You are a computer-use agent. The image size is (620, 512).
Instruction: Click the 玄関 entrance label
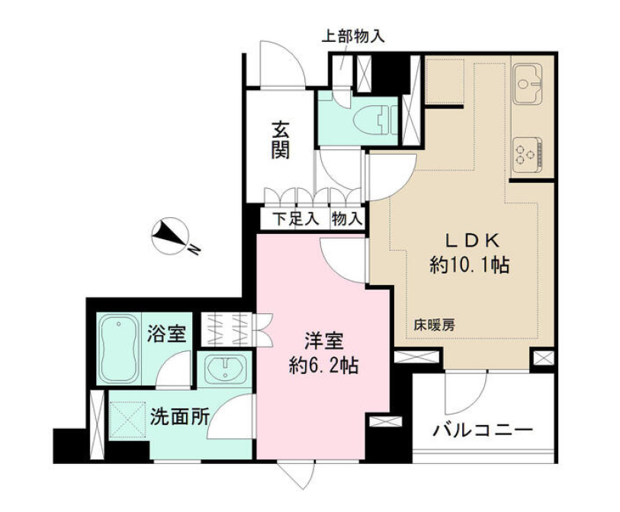coord(280,140)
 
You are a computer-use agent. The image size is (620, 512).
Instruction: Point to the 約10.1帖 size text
coord(469,264)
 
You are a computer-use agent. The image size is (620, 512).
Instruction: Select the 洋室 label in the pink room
coord(324,341)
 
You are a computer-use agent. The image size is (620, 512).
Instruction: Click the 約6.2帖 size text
coord(324,366)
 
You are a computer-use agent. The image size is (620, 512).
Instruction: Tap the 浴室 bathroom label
coord(166,334)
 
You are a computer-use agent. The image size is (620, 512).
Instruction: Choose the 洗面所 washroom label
coord(179,417)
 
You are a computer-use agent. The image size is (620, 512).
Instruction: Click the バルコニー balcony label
coord(483,430)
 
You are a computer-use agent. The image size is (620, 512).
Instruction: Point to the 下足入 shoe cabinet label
coord(296,219)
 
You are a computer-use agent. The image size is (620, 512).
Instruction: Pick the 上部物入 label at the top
coord(352,37)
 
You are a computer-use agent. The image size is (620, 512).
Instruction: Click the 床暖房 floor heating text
coord(434,325)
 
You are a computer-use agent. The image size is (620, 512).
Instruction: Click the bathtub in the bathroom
coord(119,349)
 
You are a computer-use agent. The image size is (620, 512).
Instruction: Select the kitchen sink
coord(528,84)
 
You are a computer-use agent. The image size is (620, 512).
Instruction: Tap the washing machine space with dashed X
coord(127,420)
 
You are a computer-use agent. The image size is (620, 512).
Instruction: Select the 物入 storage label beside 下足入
coord(347,219)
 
